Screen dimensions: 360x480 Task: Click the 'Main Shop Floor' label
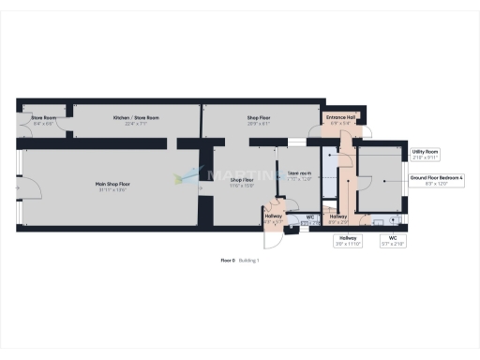pyautogui.click(x=112, y=185)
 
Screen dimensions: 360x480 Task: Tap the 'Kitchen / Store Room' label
pyautogui.click(x=136, y=118)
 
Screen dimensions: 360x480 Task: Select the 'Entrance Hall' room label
pyautogui.click(x=337, y=117)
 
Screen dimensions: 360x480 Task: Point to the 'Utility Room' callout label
pyautogui.click(x=425, y=151)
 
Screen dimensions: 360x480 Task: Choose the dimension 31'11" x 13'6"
pyautogui.click(x=112, y=190)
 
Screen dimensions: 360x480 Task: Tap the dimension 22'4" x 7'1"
pyautogui.click(x=136, y=124)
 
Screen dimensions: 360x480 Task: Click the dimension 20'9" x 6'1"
pyautogui.click(x=259, y=124)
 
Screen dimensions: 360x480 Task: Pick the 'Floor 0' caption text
pyautogui.click(x=227, y=260)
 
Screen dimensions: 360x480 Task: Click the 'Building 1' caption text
pyautogui.click(x=248, y=260)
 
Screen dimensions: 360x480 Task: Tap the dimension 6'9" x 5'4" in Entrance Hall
pyautogui.click(x=337, y=123)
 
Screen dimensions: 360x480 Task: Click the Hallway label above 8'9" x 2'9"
pyautogui.click(x=337, y=217)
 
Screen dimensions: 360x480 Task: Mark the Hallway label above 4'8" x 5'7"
pyautogui.click(x=274, y=217)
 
